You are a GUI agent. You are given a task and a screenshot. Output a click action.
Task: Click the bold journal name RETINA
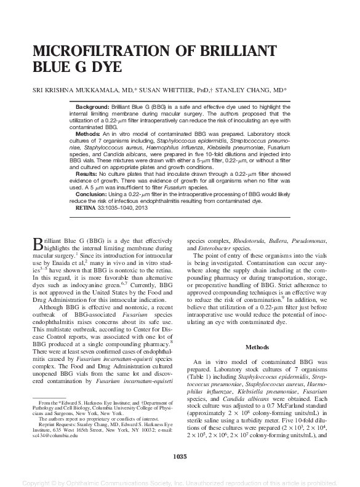coord(85,208)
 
